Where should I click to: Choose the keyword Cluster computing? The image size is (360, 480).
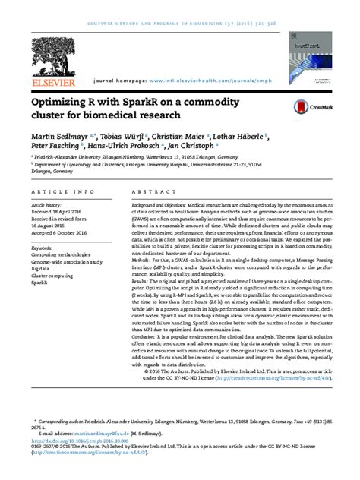[x=52, y=273]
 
